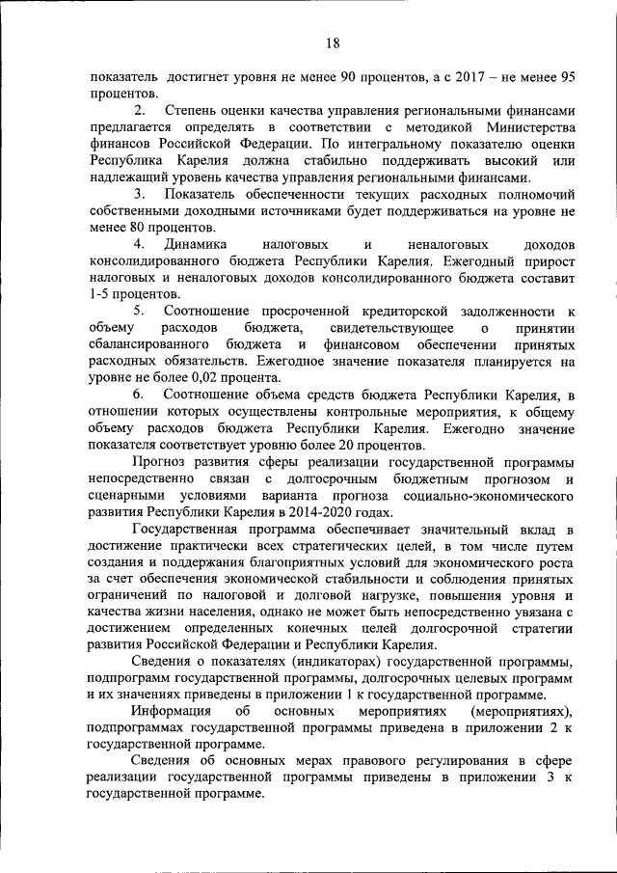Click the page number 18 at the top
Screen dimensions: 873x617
point(333,42)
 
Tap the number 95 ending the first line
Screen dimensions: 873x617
point(568,76)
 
